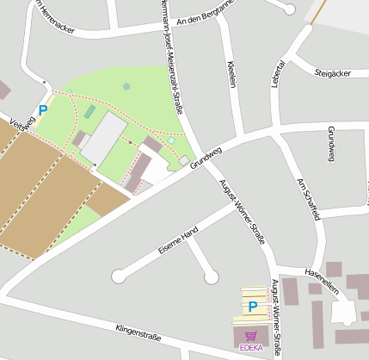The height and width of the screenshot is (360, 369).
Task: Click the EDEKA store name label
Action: point(250,348)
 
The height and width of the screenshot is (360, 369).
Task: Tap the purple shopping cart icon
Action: point(250,336)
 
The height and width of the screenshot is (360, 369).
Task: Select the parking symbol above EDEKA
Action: point(253,307)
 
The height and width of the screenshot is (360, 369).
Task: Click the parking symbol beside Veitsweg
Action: point(42,110)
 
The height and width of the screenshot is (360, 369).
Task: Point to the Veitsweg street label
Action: point(22,126)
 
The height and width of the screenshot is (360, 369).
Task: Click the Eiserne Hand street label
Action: point(178,240)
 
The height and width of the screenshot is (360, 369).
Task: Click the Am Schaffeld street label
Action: point(307,200)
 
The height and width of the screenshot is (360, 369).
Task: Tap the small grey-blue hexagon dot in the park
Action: point(126,86)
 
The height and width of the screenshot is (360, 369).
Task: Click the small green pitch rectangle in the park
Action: point(89,112)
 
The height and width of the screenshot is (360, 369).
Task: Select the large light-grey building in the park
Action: point(105,137)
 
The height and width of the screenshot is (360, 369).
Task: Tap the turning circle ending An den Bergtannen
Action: point(290,9)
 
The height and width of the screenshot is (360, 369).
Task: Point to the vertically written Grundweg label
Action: point(331,144)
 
